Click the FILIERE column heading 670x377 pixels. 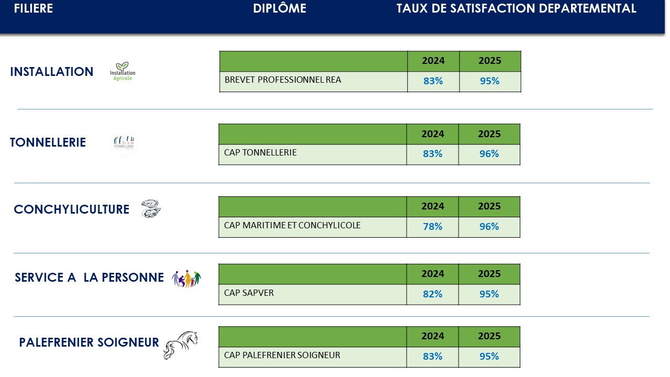pyautogui.click(x=33, y=9)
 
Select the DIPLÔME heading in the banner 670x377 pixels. pyautogui.click(x=280, y=9)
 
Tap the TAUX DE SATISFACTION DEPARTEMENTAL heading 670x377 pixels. pyautogui.click(x=516, y=9)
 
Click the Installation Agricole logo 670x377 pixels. pyautogui.click(x=122, y=72)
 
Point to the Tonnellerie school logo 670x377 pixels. pyautogui.click(x=124, y=142)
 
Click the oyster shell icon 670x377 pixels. pyautogui.click(x=151, y=208)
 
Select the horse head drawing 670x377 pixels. pyautogui.click(x=181, y=345)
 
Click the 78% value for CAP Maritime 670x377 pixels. pyautogui.click(x=432, y=227)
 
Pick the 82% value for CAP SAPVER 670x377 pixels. pyautogui.click(x=432, y=294)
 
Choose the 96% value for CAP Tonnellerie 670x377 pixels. pyautogui.click(x=489, y=154)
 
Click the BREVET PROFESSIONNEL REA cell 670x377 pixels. pyautogui.click(x=283, y=80)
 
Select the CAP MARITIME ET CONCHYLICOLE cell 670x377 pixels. pyautogui.click(x=292, y=226)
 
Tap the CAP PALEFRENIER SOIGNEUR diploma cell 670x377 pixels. pyautogui.click(x=282, y=356)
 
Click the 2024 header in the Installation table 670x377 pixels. pyautogui.click(x=433, y=61)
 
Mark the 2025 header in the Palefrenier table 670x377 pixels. pyautogui.click(x=489, y=336)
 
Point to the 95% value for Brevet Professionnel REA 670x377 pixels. pyautogui.click(x=489, y=81)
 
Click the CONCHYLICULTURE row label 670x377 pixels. pyautogui.click(x=72, y=209)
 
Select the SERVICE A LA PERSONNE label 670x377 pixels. pyautogui.click(x=89, y=278)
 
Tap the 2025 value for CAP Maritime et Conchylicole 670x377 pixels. pyautogui.click(x=489, y=227)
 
